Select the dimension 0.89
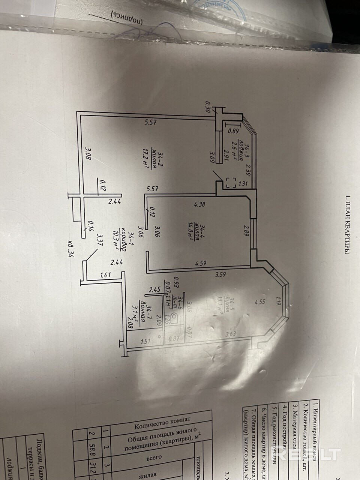click(x=233, y=131)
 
